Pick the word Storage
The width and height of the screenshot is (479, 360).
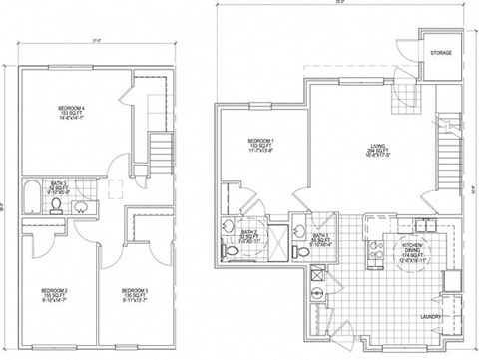point(440,52)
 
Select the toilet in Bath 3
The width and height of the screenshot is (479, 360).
point(57,207)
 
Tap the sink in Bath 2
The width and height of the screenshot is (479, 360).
point(232,226)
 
